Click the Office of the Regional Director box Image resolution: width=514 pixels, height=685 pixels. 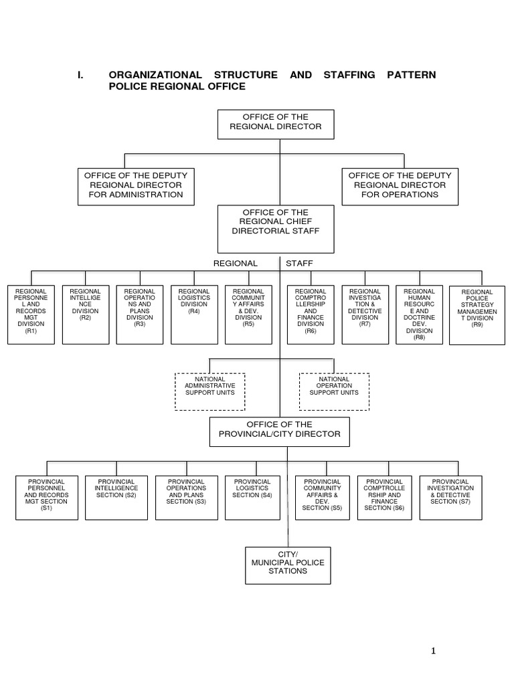[276, 124]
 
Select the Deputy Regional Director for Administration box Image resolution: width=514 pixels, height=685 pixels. [136, 186]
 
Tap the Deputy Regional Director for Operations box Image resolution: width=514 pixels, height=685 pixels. [400, 186]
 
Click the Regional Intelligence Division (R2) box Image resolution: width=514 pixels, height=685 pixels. [86, 314]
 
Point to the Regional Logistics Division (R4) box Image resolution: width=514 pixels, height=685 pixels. [194, 314]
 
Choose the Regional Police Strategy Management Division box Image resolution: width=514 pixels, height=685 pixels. [477, 315]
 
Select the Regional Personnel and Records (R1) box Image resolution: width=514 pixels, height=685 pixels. [31, 314]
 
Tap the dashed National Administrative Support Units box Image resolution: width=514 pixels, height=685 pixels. [209, 391]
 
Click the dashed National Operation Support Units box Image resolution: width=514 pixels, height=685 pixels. [334, 391]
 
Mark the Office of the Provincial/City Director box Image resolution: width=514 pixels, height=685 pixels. [280, 431]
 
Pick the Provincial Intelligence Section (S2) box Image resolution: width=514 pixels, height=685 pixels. [116, 497]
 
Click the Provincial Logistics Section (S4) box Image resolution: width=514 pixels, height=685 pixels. [252, 497]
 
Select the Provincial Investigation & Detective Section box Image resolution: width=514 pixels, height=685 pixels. [450, 497]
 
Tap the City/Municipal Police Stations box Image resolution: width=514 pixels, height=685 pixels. [288, 565]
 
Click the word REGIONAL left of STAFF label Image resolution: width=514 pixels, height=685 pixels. [235, 264]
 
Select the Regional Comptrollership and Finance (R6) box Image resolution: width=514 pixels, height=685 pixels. [311, 314]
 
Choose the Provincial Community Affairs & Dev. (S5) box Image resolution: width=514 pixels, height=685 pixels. [322, 497]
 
